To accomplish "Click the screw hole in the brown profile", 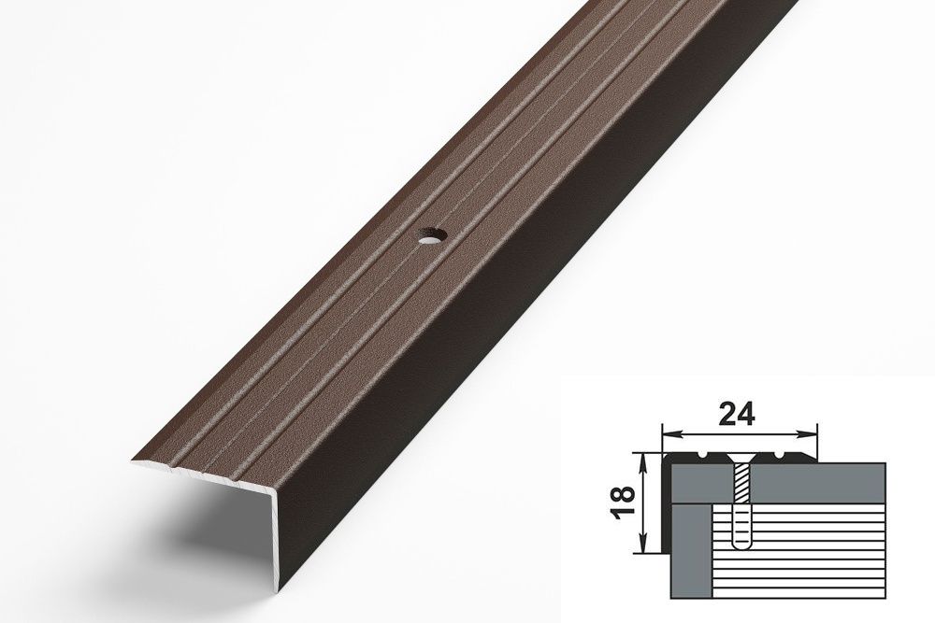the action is click(428, 238).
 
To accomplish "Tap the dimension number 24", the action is click(736, 414).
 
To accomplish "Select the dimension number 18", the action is click(623, 502).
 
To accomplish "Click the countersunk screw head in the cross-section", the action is click(741, 459).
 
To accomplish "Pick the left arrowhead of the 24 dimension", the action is click(670, 432).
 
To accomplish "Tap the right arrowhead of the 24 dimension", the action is click(810, 432).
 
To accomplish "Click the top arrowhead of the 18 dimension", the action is click(643, 460).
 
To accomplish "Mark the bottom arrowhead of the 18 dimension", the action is click(643, 545).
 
